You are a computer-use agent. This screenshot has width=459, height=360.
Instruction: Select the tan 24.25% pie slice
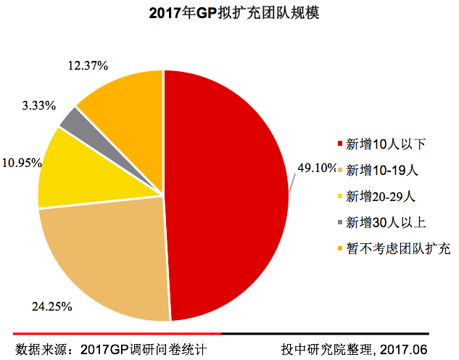(x=109, y=254)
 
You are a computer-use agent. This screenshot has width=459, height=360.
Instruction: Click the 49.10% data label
(x=317, y=168)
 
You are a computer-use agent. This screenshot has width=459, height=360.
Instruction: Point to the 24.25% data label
(x=52, y=306)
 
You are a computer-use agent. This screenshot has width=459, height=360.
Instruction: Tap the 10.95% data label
(x=20, y=163)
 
